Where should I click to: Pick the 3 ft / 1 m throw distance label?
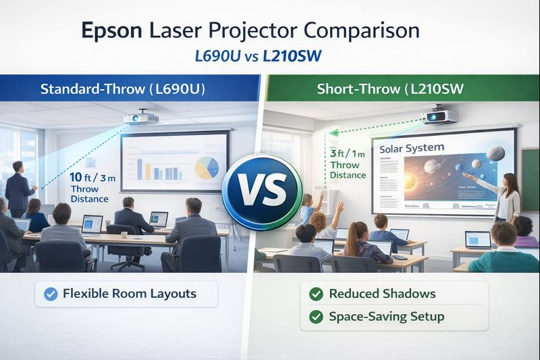348,163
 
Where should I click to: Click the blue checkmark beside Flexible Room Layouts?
49,294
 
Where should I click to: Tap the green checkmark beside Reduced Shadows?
315,294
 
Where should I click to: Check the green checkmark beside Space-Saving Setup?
315,316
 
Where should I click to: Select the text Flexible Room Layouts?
129,294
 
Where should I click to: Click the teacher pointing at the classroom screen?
508,197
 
